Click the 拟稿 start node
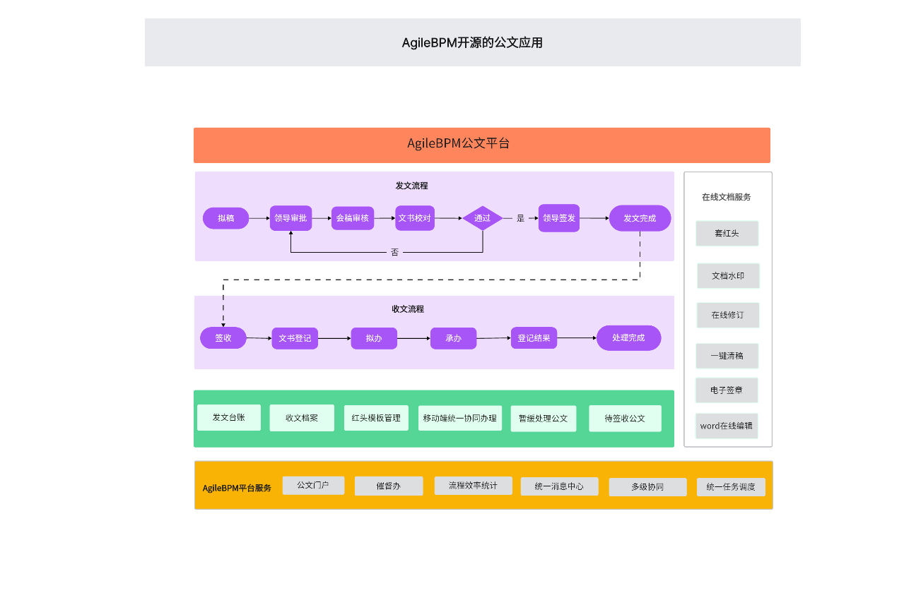coord(225,218)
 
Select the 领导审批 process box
coord(290,218)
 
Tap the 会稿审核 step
coord(352,218)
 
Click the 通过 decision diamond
coord(483,218)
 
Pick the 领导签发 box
coord(559,218)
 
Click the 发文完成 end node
coord(640,218)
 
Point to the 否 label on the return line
coord(394,252)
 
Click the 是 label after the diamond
coord(520,218)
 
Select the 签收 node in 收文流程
coord(223,338)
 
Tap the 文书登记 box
coord(295,338)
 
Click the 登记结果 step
coord(534,338)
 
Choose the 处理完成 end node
coord(628,338)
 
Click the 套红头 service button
coord(727,233)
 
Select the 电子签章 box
coord(727,390)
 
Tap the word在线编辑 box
coord(727,426)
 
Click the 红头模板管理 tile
coord(376,418)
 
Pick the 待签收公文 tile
coord(625,418)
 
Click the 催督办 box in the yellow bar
coord(389,486)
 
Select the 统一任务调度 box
coord(731,487)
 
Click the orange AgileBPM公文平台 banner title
coord(458,144)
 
